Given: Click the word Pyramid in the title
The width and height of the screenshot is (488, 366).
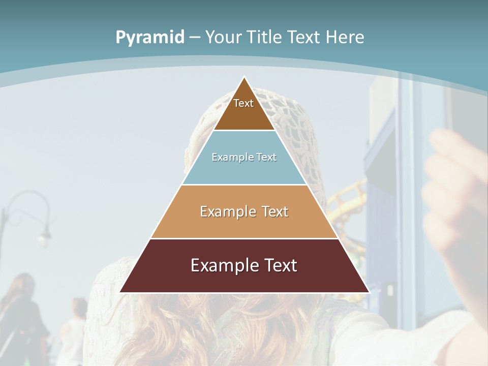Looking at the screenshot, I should [x=149, y=37].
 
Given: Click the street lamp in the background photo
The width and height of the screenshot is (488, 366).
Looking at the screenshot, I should [x=44, y=234].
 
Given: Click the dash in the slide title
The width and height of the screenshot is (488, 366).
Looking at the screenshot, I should [x=195, y=38].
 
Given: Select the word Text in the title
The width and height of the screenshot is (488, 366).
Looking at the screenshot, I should [x=305, y=37].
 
